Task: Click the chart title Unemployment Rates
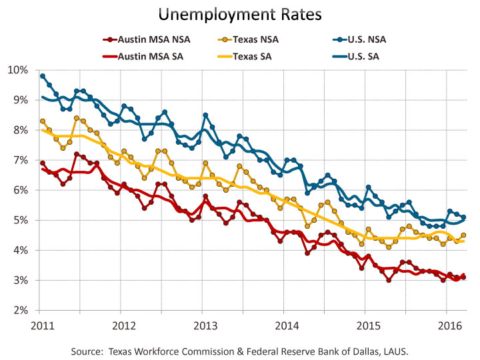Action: point(240,15)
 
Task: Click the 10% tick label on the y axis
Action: point(19,70)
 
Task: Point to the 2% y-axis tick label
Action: point(21,311)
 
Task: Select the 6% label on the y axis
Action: point(21,190)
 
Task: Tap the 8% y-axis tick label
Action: point(21,130)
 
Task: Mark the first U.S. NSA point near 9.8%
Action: point(43,76)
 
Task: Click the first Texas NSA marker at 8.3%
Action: point(43,121)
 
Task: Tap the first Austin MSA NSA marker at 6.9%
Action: point(43,163)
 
